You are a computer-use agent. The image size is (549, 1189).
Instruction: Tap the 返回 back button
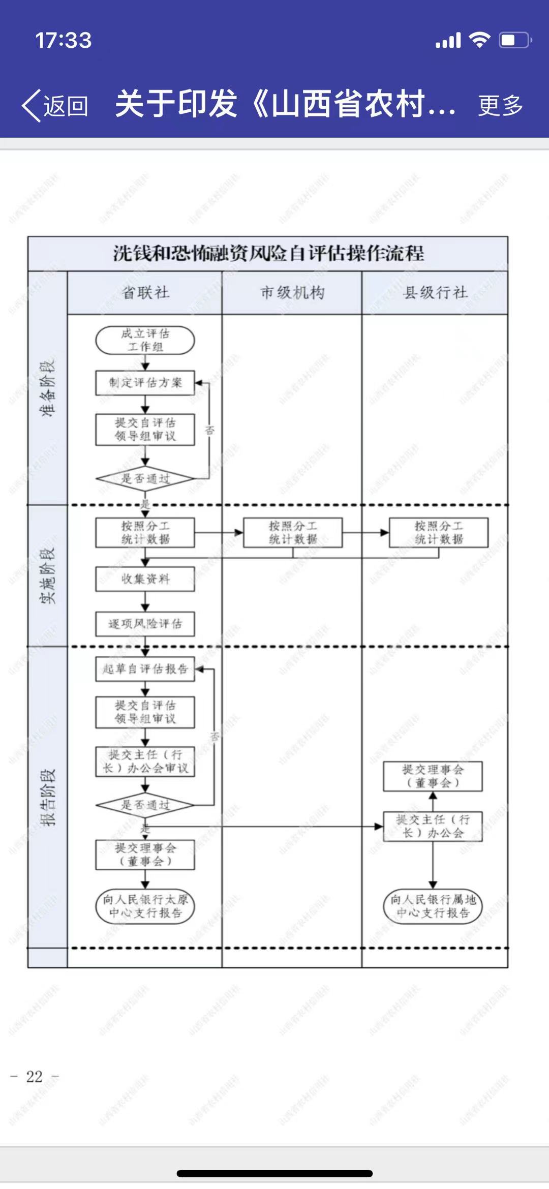(55, 106)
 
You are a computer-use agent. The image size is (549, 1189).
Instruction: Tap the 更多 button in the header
(500, 106)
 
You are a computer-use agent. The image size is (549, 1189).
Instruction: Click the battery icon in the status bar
(515, 40)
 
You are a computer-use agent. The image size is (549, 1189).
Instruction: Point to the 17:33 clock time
(64, 41)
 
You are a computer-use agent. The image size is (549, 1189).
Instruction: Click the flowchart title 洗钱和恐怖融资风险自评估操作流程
(268, 253)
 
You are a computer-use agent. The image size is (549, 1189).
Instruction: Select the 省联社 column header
(145, 293)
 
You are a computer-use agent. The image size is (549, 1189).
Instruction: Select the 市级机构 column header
(292, 293)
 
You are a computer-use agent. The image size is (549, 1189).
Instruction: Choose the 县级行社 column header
(435, 293)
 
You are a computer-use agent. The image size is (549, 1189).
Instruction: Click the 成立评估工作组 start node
(145, 340)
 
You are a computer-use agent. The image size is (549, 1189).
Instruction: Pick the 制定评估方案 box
(145, 383)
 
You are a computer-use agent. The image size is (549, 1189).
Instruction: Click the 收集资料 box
(145, 579)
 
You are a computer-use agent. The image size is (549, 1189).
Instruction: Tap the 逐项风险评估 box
(145, 624)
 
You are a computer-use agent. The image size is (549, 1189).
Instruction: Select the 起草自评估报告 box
(145, 668)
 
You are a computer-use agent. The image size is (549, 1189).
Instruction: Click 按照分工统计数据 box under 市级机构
(293, 532)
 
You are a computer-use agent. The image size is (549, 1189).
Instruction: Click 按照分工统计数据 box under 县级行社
(439, 532)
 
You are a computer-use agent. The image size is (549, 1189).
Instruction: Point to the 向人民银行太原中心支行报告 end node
(145, 906)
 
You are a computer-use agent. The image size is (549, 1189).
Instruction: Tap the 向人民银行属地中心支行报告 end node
(433, 906)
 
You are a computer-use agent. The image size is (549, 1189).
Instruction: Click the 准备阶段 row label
(48, 389)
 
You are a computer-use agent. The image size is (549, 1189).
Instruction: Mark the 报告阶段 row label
(48, 797)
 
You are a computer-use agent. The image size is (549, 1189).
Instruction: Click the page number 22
(35, 1076)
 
